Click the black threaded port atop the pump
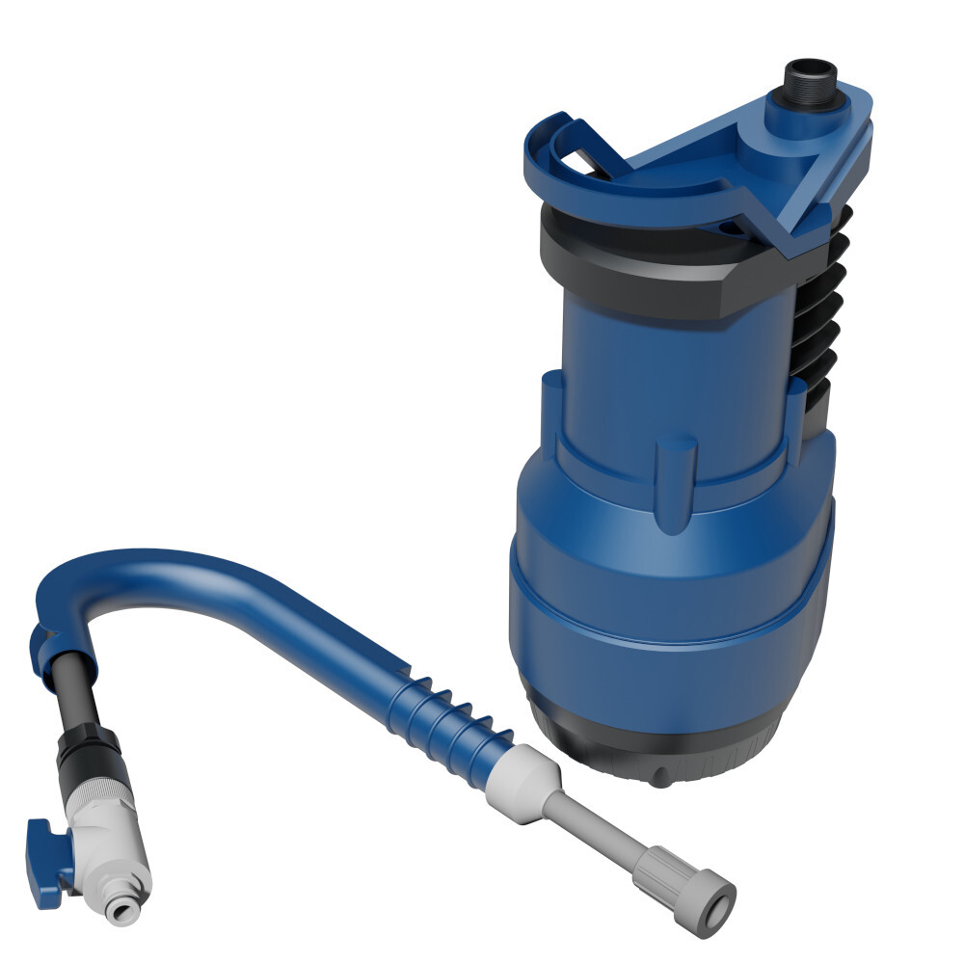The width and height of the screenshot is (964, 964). tap(808, 80)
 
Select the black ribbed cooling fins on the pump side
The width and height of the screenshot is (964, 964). tap(819, 318)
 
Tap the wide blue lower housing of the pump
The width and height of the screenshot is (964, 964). tap(665, 598)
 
